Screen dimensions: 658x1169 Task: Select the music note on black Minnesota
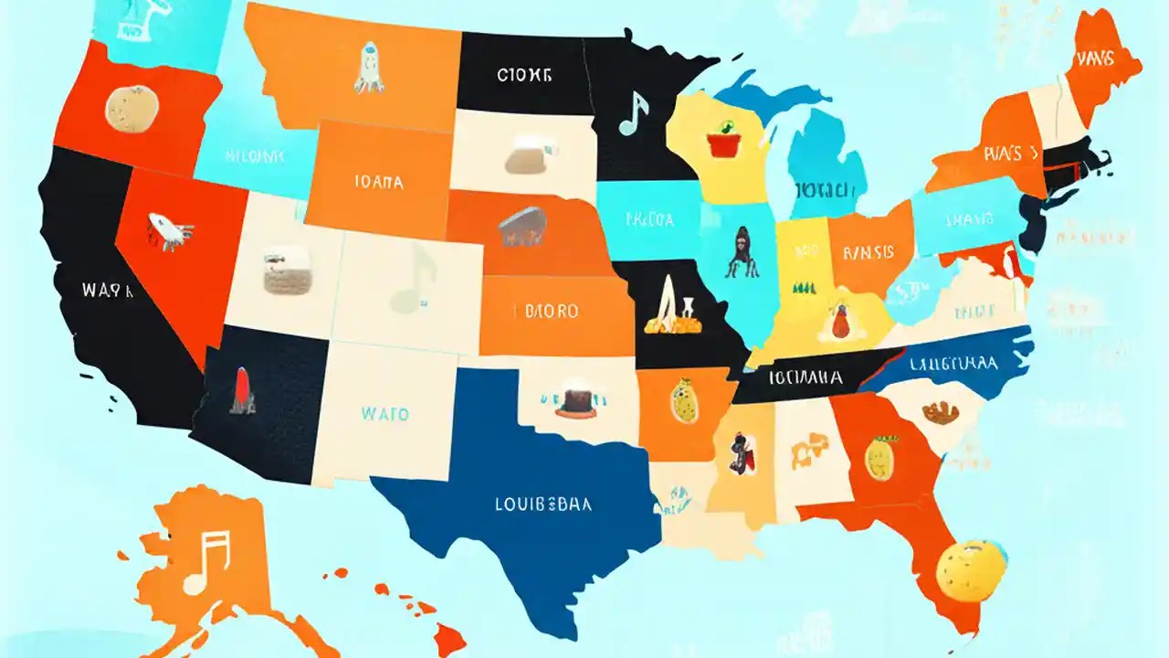(x=633, y=113)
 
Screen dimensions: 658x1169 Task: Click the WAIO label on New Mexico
(x=384, y=413)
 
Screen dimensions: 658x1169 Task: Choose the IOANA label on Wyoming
(x=377, y=182)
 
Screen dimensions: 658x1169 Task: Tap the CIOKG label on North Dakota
(x=524, y=76)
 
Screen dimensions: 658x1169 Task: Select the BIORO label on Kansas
(x=552, y=311)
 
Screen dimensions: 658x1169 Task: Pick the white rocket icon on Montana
(x=368, y=68)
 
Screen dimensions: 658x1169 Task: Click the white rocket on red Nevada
(x=170, y=228)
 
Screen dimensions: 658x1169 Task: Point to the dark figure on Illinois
(x=738, y=251)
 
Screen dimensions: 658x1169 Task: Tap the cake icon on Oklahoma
(x=574, y=401)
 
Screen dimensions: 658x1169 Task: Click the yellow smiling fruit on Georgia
(x=879, y=457)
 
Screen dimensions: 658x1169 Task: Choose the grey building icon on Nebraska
(x=523, y=227)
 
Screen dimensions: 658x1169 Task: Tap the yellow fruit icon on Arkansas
(x=683, y=402)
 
